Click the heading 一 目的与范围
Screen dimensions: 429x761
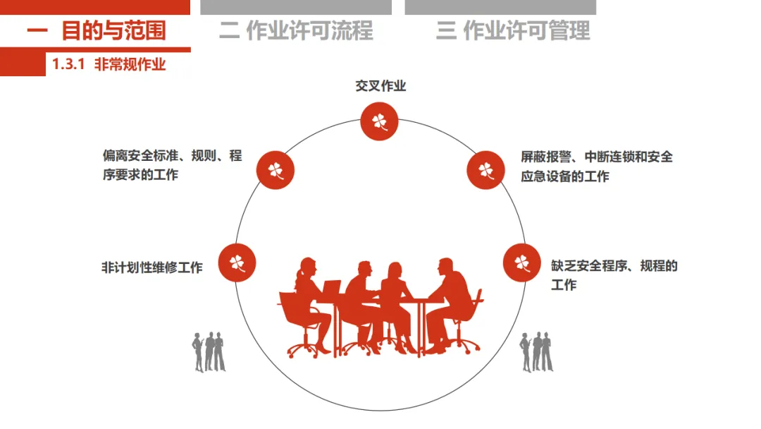tap(97, 31)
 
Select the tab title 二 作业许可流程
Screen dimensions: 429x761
tap(296, 31)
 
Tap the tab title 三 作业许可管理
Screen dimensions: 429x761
tap(513, 31)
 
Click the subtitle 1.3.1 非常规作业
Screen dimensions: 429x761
tap(109, 65)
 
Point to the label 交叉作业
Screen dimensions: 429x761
tap(380, 86)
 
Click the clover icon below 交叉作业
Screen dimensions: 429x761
tap(380, 121)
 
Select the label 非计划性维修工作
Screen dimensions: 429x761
tap(152, 267)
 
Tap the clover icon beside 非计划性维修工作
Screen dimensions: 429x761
tap(237, 262)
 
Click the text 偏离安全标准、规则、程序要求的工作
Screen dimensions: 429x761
tap(172, 165)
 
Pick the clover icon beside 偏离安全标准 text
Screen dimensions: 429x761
tap(275, 170)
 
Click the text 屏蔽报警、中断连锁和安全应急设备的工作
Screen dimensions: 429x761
tap(596, 167)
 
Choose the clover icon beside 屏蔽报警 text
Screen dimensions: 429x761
tap(486, 170)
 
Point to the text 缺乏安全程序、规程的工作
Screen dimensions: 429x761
tap(614, 275)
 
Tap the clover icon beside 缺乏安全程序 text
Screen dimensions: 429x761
tap(521, 262)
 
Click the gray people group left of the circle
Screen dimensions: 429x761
tap(209, 351)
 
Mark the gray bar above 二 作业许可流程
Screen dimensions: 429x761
tap(296, 7)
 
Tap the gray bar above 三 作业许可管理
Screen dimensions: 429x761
tap(500, 7)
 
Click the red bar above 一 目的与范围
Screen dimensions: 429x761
tap(95, 7)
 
